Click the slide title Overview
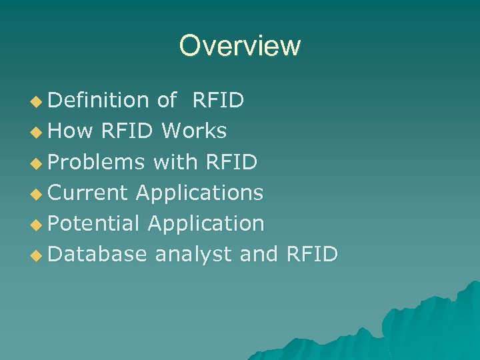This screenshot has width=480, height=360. pos(240,46)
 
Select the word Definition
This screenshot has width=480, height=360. pos(99,100)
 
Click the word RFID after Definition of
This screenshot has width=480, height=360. pos(218,100)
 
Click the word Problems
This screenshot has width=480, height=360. pos(97,162)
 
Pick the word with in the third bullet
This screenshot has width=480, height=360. pos(177,161)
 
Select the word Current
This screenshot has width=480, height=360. pos(88,193)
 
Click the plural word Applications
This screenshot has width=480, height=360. pos(200,193)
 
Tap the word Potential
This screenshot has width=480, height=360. pos(94,223)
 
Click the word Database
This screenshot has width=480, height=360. pos(97,254)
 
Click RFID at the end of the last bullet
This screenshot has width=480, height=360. pos(311,254)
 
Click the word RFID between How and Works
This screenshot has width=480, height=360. pos(128,131)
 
